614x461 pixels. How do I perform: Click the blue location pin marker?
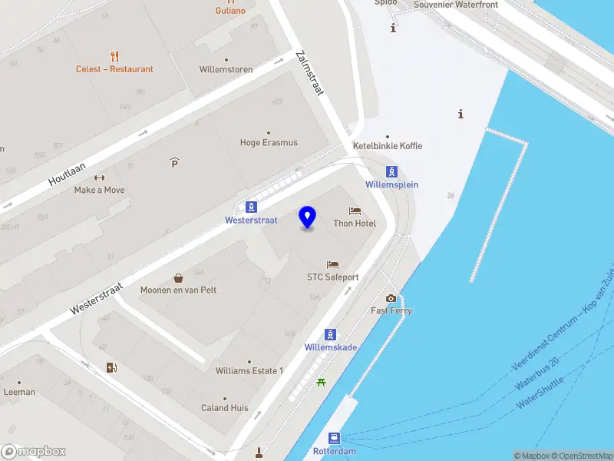point(308,217)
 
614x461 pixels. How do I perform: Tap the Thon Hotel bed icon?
point(355,211)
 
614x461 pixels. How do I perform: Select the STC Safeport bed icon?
point(332,264)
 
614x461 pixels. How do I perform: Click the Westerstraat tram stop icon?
point(251,207)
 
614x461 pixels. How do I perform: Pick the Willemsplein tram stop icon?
point(391,171)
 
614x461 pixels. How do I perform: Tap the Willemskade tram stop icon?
point(330,334)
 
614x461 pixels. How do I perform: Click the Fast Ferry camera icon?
point(391,298)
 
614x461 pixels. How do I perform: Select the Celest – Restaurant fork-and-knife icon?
point(115,56)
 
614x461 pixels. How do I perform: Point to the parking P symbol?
point(174,162)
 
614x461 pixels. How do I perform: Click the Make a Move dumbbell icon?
point(99,178)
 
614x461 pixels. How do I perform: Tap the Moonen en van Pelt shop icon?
point(179,278)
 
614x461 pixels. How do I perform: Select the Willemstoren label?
point(226,69)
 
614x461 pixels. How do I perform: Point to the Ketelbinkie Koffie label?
point(387,146)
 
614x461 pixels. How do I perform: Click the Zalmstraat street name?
point(310,74)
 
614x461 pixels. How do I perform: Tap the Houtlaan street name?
point(67,169)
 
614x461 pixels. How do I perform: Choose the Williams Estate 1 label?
point(249,371)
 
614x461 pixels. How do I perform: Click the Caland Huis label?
point(224,408)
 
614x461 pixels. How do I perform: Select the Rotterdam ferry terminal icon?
point(335,438)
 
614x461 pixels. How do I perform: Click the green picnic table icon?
point(321,382)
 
